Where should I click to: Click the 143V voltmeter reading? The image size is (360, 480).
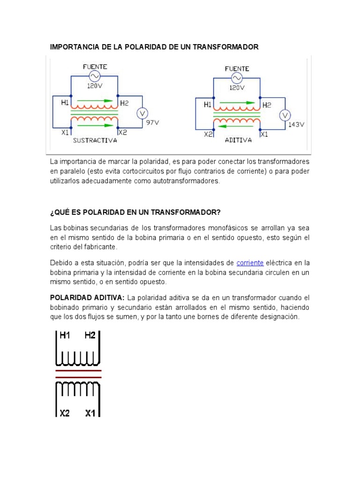tap(296, 125)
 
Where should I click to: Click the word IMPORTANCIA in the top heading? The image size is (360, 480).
tap(73, 47)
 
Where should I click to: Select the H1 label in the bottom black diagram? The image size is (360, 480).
tap(64, 335)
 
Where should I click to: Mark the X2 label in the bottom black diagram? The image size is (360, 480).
tap(65, 413)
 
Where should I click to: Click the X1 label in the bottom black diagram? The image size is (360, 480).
tap(91, 413)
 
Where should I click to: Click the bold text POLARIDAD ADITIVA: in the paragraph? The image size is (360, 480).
tap(87, 298)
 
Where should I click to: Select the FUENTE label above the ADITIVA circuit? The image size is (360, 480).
tap(237, 69)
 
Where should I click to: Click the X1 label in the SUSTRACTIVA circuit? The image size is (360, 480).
tap(66, 133)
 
